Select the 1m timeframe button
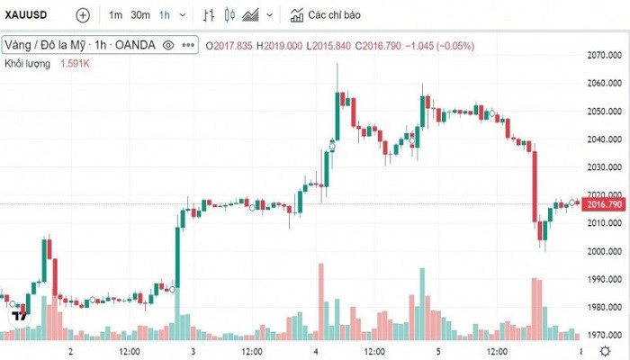pos(116,15)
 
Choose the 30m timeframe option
pos(139,15)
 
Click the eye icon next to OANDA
pos(168,45)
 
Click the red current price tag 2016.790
pos(604,204)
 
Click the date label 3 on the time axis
pos(193,351)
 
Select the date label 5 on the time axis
pos(438,351)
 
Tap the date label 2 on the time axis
pos(70,351)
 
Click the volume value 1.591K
pos(76,64)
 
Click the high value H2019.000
pos(279,45)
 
